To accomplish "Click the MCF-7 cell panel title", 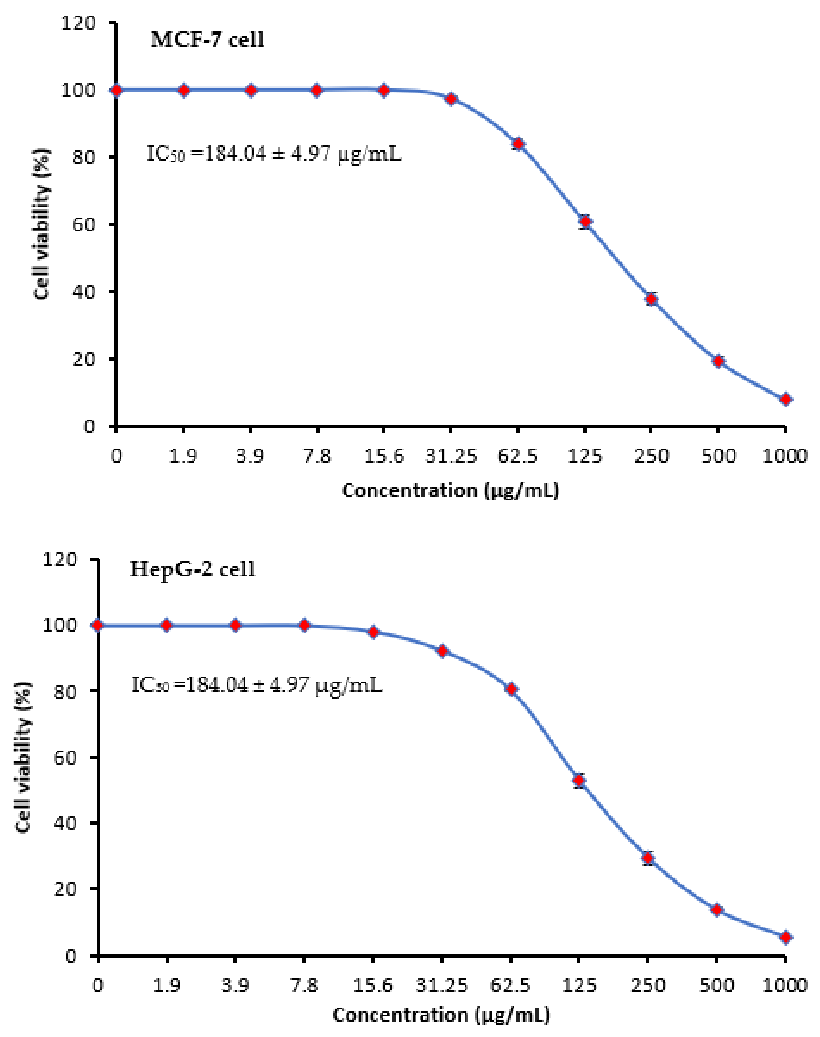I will (x=207, y=40).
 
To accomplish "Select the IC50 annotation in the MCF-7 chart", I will (x=274, y=155).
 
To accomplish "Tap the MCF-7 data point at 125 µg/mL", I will (x=585, y=221).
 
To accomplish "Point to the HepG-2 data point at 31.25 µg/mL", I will (x=443, y=651).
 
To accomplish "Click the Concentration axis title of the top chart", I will (x=450, y=491).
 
